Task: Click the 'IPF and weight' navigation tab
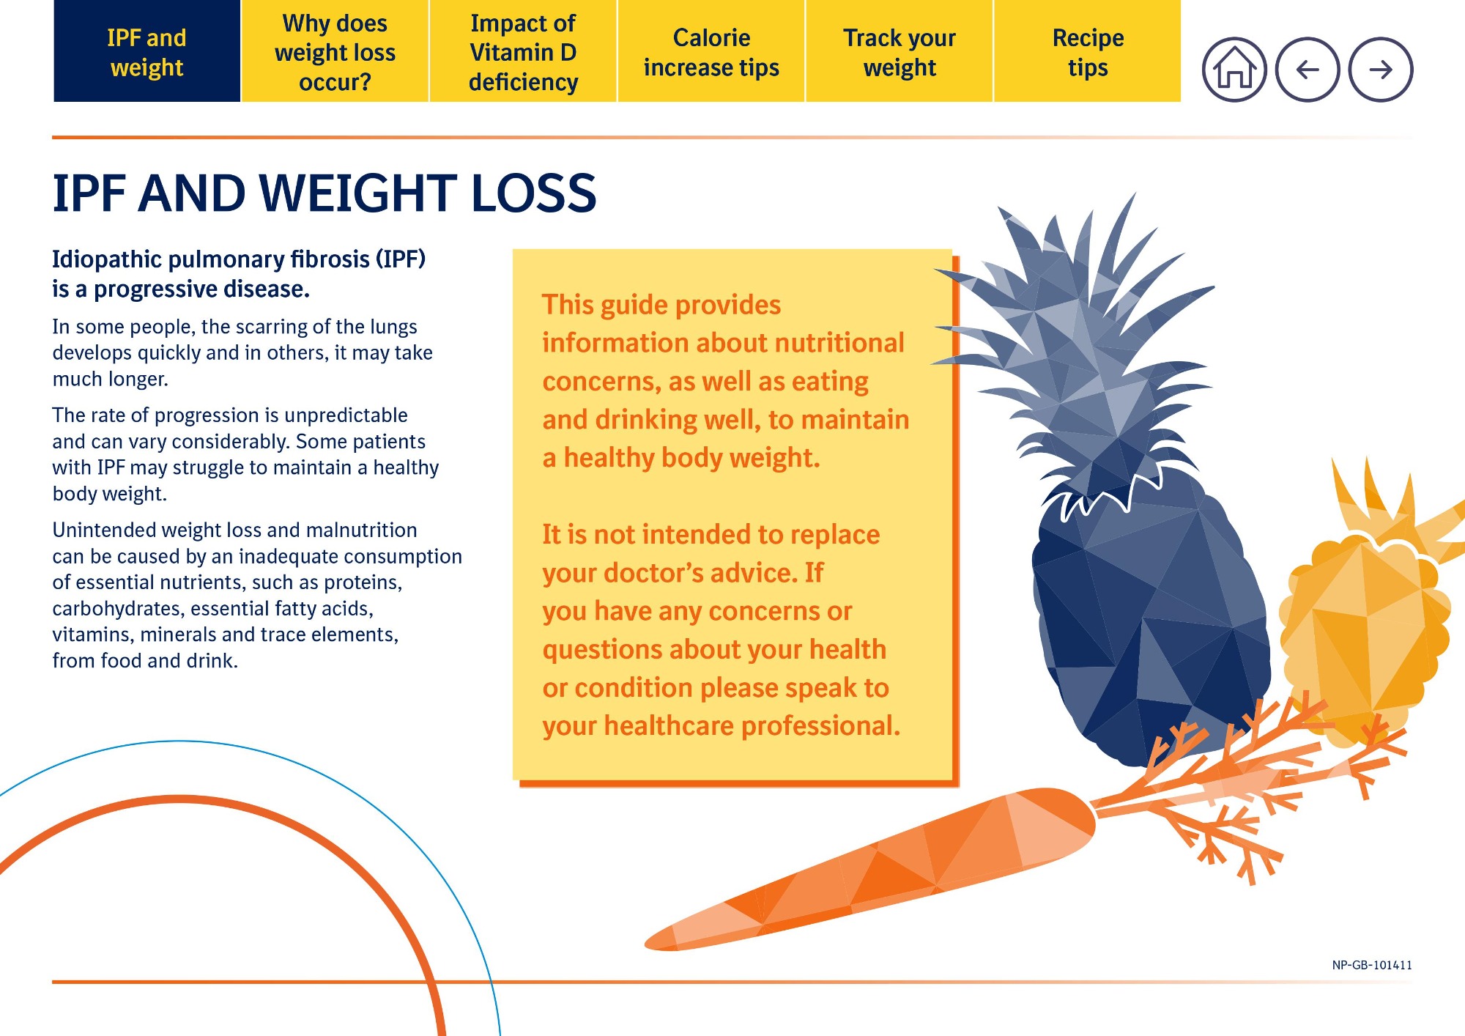pos(146,51)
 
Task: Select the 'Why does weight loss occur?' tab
pos(335,51)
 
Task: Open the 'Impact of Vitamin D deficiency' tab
pos(523,51)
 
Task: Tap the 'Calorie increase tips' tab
pos(711,51)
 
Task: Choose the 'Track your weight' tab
pos(900,51)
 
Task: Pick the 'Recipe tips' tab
pos(1088,51)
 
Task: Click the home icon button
pos(1234,70)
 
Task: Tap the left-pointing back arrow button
pos(1308,70)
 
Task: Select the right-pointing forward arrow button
pos(1381,70)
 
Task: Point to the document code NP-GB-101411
pos(1372,965)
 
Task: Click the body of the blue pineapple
pos(1150,623)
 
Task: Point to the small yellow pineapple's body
pos(1362,637)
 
